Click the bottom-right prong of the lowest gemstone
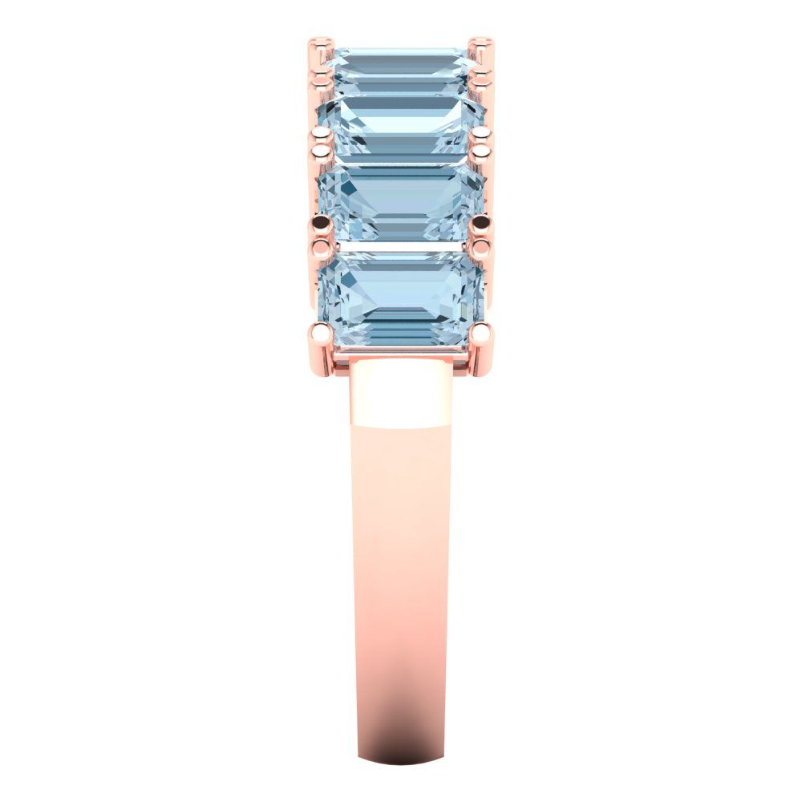(483, 332)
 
